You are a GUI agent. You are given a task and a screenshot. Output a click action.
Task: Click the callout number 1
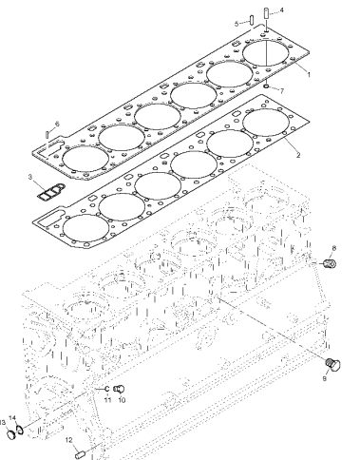tap(309, 75)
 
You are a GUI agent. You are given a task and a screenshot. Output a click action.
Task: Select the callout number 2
tap(298, 155)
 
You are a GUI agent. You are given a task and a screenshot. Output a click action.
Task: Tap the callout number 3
tap(30, 177)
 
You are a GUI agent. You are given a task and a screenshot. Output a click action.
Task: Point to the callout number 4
tap(281, 10)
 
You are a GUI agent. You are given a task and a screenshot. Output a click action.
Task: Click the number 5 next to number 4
tap(237, 24)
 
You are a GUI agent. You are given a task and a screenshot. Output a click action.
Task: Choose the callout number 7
tap(281, 91)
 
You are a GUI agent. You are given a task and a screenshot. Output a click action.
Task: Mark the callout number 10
tap(122, 400)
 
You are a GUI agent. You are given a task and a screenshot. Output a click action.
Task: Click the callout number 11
tap(107, 400)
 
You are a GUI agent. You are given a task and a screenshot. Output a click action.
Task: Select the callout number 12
tap(69, 440)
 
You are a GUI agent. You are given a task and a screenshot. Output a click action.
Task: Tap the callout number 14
tap(12, 418)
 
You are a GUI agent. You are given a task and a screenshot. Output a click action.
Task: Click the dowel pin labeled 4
tap(266, 14)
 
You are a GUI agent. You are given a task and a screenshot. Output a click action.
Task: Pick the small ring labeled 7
tap(267, 86)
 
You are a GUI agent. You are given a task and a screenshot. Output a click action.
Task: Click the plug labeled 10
tap(119, 389)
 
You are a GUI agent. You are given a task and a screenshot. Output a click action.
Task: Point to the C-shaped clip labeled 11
tap(106, 389)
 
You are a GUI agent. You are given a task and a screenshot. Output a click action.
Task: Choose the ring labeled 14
tap(20, 430)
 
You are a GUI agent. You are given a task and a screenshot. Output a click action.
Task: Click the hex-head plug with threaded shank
tap(332, 365)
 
